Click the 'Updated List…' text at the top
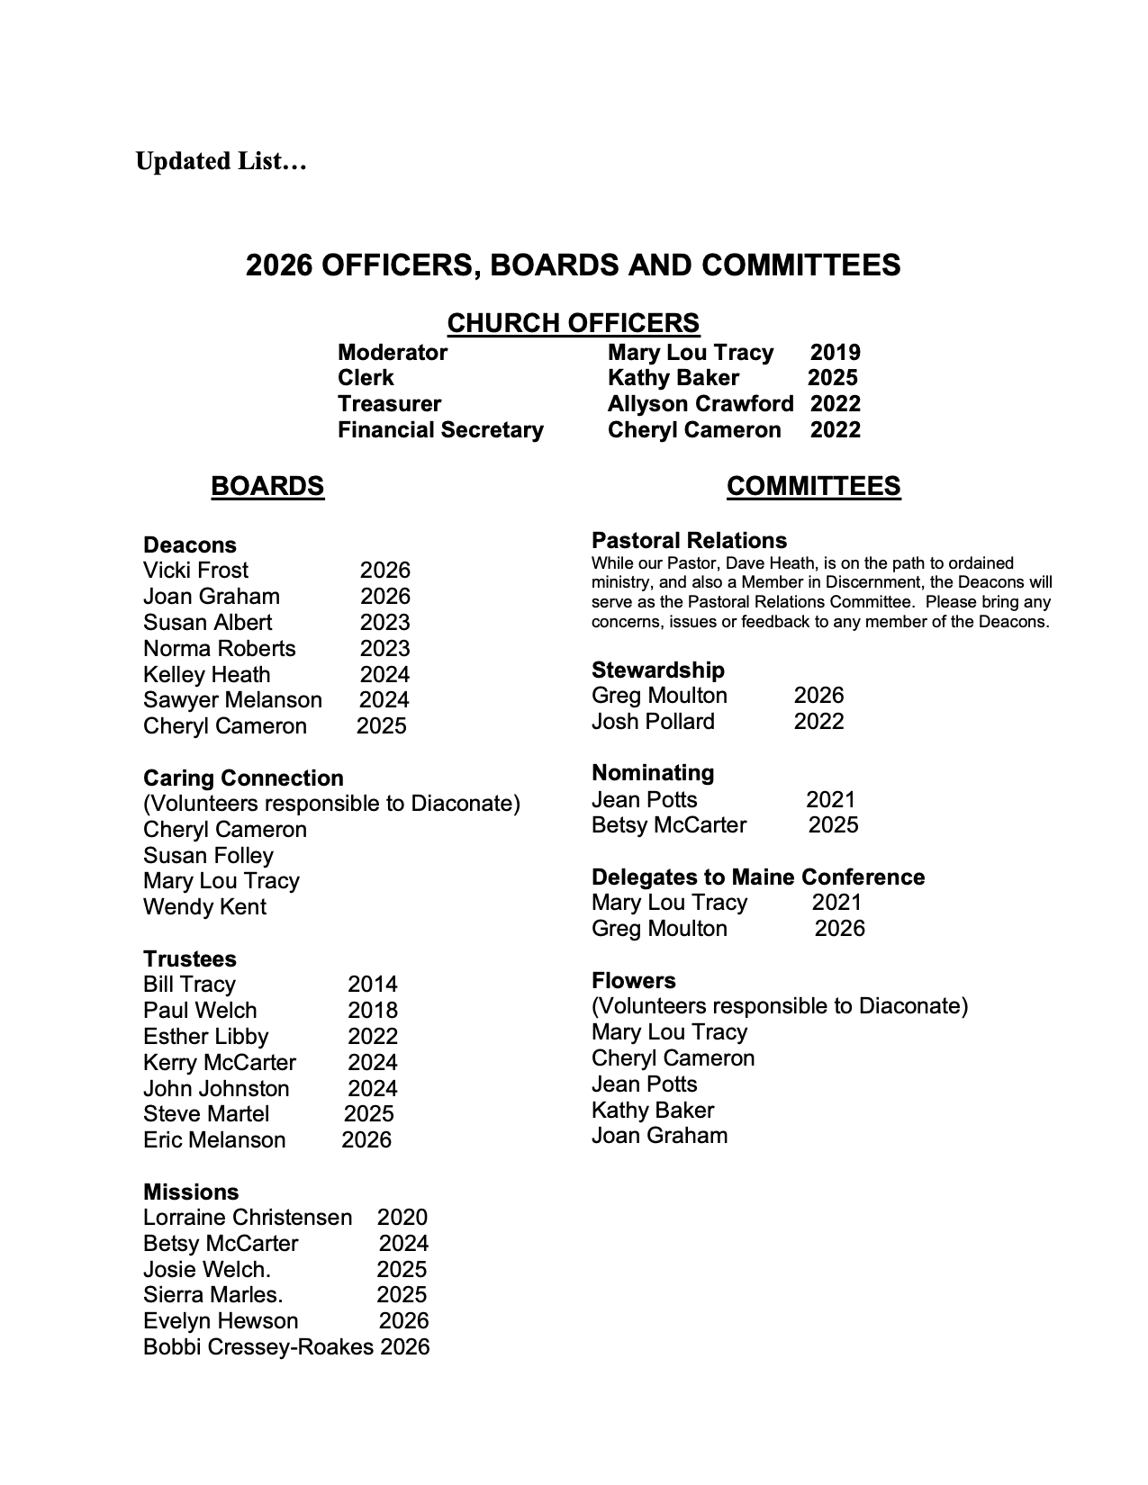tap(221, 162)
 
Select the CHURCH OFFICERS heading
tap(573, 323)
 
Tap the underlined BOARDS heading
tap(267, 486)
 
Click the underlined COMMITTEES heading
tap(813, 486)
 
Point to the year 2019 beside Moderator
tap(835, 353)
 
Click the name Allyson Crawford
tap(701, 404)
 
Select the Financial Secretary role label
tap(440, 430)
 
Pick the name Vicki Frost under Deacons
tap(195, 571)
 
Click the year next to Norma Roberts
tap(384, 649)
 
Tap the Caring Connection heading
tap(243, 778)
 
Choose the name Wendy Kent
tap(204, 907)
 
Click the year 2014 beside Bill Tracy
tap(372, 985)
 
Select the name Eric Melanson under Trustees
tap(214, 1140)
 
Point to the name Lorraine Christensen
tap(248, 1218)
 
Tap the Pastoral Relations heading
tap(689, 541)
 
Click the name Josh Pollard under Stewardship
tap(653, 722)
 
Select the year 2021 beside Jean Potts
tap(830, 799)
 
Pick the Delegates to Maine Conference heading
tap(758, 877)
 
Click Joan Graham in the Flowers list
tap(659, 1136)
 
